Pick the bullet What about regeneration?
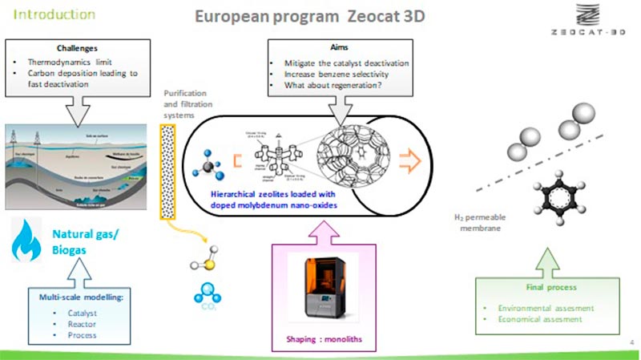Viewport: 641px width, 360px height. [x=332, y=84]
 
